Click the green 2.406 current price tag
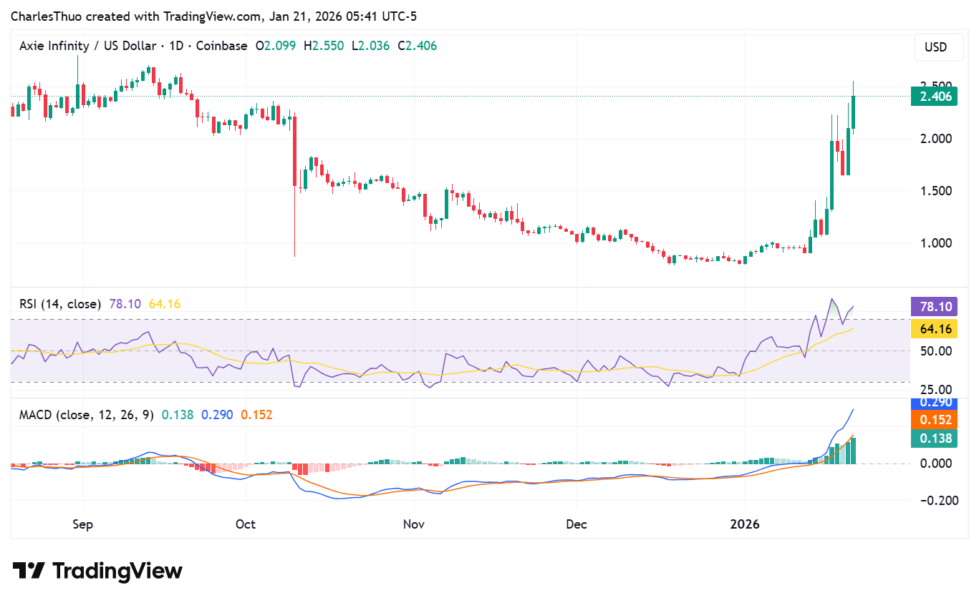point(934,96)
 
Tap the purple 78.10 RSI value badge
point(934,307)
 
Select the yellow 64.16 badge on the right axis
point(934,329)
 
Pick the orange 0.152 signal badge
point(934,420)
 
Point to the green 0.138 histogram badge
point(934,438)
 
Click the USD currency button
point(935,47)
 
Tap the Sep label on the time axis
point(83,524)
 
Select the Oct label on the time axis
point(246,524)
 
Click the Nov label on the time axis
point(414,524)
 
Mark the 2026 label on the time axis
point(745,524)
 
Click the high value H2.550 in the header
point(323,46)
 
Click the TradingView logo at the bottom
point(97,571)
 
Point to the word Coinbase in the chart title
point(221,46)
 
